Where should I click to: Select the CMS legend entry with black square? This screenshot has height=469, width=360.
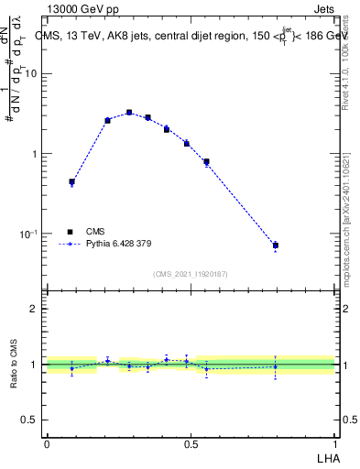83,232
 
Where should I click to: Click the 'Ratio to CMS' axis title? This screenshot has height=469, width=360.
15,365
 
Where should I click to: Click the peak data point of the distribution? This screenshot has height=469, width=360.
129,113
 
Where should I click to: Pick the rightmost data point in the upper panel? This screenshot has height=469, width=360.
275,245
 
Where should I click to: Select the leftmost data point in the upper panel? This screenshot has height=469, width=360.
71,182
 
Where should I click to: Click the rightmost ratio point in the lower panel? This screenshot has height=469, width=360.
275,366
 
